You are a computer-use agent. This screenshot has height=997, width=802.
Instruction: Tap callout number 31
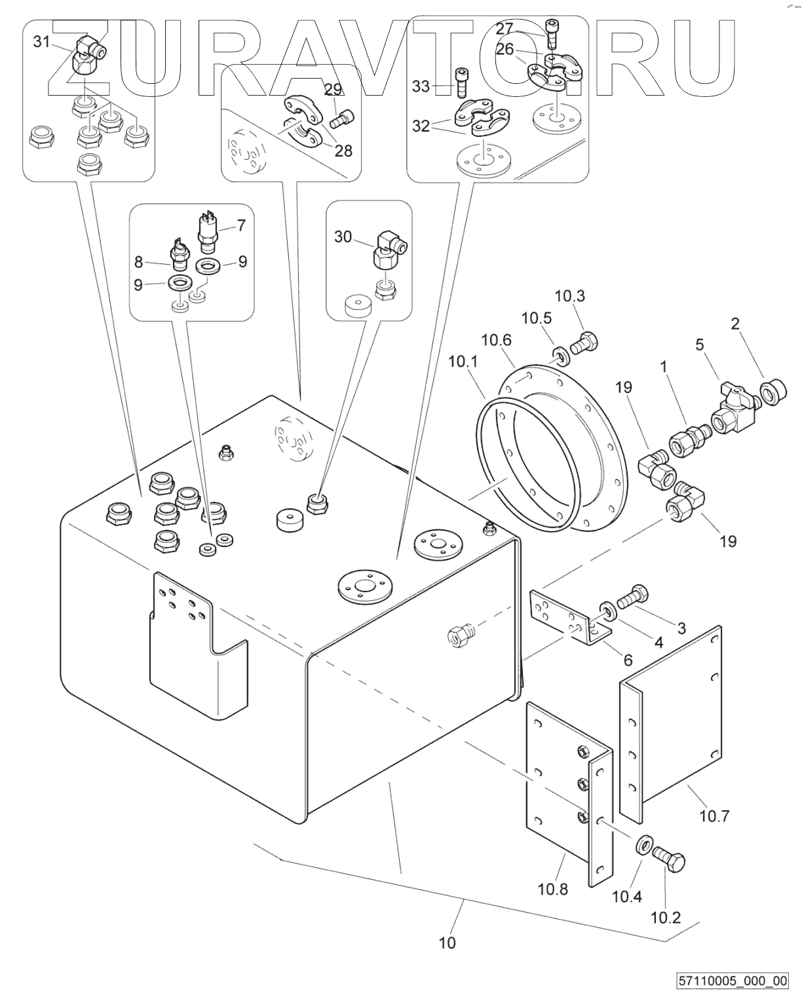41,42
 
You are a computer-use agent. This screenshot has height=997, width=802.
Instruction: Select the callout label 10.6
496,340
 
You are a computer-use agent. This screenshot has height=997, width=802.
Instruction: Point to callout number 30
343,236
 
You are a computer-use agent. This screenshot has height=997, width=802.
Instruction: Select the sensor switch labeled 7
208,229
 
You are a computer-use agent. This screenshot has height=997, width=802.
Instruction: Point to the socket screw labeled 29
341,119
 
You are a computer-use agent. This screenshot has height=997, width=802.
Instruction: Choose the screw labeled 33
463,83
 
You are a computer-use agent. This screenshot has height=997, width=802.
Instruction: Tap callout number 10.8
553,889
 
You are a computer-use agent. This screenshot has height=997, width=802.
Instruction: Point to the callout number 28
343,151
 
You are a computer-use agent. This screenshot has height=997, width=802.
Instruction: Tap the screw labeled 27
552,34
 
